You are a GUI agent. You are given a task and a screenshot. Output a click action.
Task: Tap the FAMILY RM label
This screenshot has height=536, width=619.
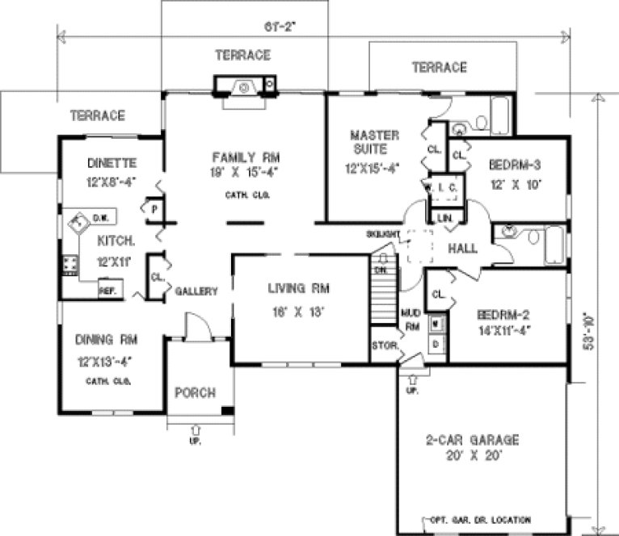coord(241,157)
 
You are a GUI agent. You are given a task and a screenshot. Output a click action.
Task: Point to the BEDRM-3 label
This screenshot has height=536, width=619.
coord(514,165)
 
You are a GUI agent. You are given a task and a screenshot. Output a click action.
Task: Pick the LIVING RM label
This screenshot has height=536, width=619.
coord(299,287)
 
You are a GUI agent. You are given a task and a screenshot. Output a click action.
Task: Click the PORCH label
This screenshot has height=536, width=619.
coord(196,393)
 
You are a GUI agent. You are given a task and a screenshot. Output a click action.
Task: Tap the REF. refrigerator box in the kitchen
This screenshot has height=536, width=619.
coord(108,290)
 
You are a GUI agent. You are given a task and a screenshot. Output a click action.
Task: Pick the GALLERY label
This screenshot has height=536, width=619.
coord(196,291)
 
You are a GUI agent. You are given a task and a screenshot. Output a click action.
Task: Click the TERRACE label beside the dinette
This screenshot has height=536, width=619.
coord(97,115)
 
